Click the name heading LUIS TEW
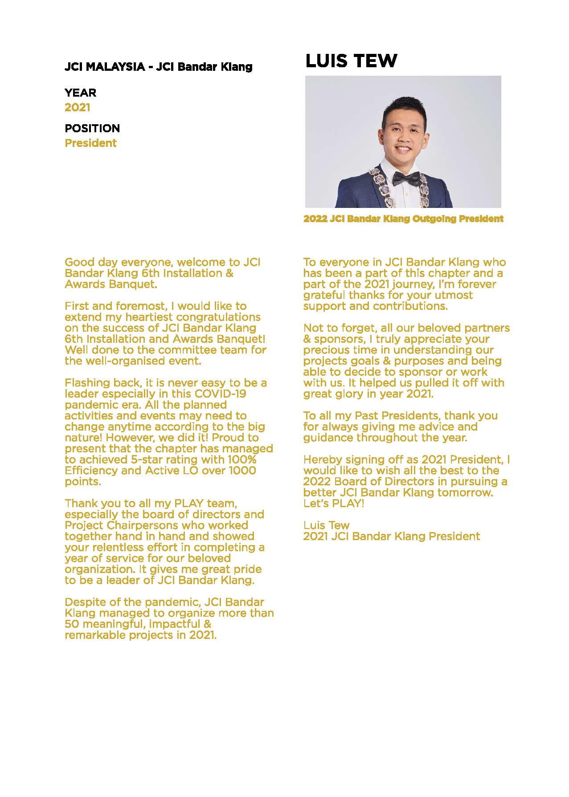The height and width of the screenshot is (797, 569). click(x=351, y=61)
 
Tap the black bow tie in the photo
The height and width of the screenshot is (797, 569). click(x=406, y=179)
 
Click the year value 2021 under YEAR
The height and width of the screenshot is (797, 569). click(x=78, y=107)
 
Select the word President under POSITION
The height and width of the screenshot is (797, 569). click(x=90, y=143)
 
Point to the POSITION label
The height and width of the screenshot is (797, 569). click(x=92, y=128)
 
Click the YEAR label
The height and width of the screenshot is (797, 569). click(x=80, y=93)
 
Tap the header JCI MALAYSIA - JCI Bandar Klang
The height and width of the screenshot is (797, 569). click(x=158, y=67)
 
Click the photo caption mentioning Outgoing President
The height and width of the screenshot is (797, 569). click(x=403, y=219)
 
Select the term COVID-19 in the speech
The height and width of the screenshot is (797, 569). click(x=220, y=394)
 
